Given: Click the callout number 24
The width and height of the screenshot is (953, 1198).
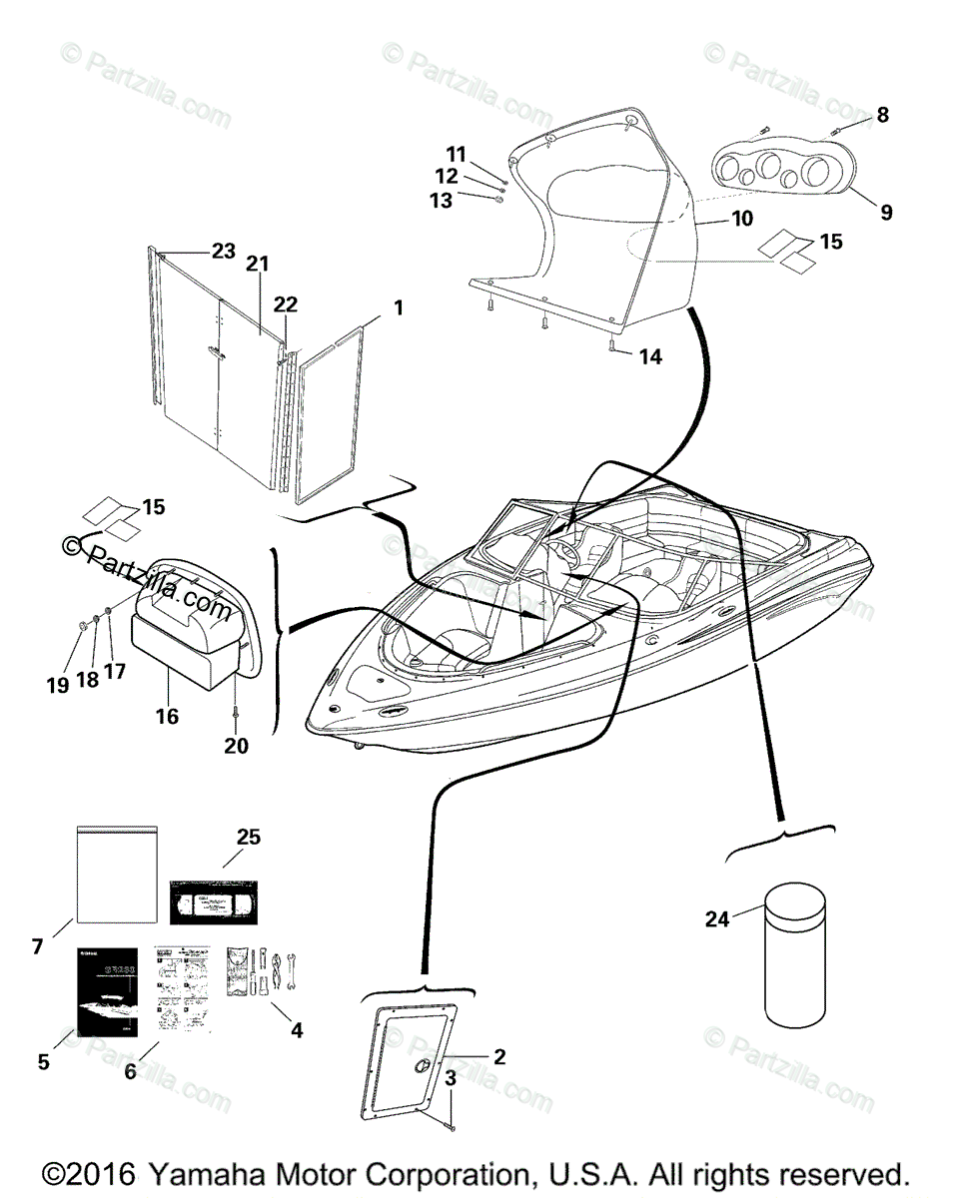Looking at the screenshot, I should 717,919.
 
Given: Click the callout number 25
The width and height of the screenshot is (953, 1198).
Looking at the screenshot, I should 248,837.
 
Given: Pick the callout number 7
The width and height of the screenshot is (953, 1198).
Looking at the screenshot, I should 38,945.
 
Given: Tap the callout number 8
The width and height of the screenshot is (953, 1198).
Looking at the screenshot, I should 882,116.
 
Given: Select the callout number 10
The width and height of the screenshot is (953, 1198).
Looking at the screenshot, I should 741,218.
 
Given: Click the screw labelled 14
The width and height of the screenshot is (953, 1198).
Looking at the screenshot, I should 610,345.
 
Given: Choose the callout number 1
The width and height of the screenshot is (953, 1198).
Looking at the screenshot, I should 399,308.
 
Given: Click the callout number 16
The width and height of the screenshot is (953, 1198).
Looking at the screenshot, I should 167,716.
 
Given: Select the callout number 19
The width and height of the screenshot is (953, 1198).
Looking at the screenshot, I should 57,685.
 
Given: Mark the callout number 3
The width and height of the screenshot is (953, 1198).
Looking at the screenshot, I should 451,1079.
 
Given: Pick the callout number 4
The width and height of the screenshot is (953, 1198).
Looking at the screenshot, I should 296,1028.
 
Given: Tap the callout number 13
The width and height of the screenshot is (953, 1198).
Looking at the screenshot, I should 441,201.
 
